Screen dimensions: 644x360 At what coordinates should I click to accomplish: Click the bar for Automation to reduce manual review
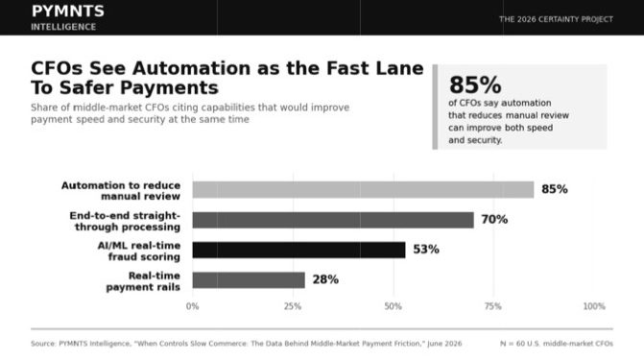363,189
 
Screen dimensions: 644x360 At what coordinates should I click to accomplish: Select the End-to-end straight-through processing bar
333,220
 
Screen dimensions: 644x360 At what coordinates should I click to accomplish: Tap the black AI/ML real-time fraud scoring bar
299,250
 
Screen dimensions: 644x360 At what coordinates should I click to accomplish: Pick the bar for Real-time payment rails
249,280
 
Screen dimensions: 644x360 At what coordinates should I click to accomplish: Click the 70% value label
494,220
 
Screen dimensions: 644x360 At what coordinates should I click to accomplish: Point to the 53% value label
426,250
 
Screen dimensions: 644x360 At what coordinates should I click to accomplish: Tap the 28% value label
325,279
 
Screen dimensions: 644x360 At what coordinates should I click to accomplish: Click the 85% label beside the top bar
555,189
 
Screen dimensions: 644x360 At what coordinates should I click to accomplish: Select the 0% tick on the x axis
192,306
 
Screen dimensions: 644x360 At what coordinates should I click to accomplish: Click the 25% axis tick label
293,306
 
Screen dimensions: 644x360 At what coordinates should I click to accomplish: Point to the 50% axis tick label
394,306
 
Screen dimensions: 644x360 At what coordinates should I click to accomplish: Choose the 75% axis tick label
493,306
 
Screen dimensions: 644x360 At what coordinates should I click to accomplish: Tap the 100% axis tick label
594,306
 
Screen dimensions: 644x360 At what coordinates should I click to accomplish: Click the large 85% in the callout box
475,85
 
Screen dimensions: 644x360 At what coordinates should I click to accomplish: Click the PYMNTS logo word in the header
68,12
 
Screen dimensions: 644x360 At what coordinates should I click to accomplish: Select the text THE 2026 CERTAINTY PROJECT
556,19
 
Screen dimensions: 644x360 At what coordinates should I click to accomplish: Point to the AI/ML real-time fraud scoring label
139,252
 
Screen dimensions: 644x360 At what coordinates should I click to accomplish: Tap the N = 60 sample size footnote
556,344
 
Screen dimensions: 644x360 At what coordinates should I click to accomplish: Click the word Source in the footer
42,344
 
